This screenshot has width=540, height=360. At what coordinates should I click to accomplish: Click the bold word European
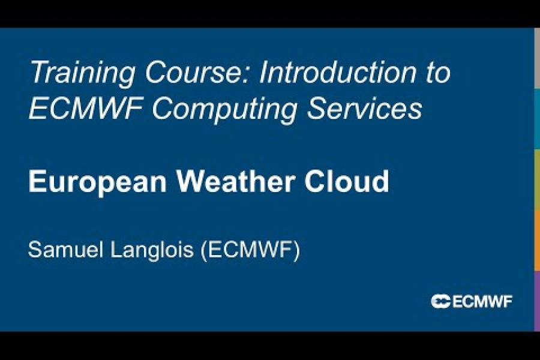[x=97, y=182]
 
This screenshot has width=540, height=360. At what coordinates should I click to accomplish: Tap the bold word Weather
[x=235, y=181]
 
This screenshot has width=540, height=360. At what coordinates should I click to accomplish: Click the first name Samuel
[x=65, y=250]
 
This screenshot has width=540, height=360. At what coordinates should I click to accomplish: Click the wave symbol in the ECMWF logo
[x=440, y=301]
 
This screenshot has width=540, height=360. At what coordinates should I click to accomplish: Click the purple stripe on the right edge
[x=536, y=300]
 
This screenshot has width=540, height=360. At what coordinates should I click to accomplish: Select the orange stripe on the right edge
[x=536, y=239]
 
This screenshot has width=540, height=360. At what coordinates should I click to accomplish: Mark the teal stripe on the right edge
[x=536, y=118]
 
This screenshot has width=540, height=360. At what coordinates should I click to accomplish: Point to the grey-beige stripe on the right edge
[x=536, y=58]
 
